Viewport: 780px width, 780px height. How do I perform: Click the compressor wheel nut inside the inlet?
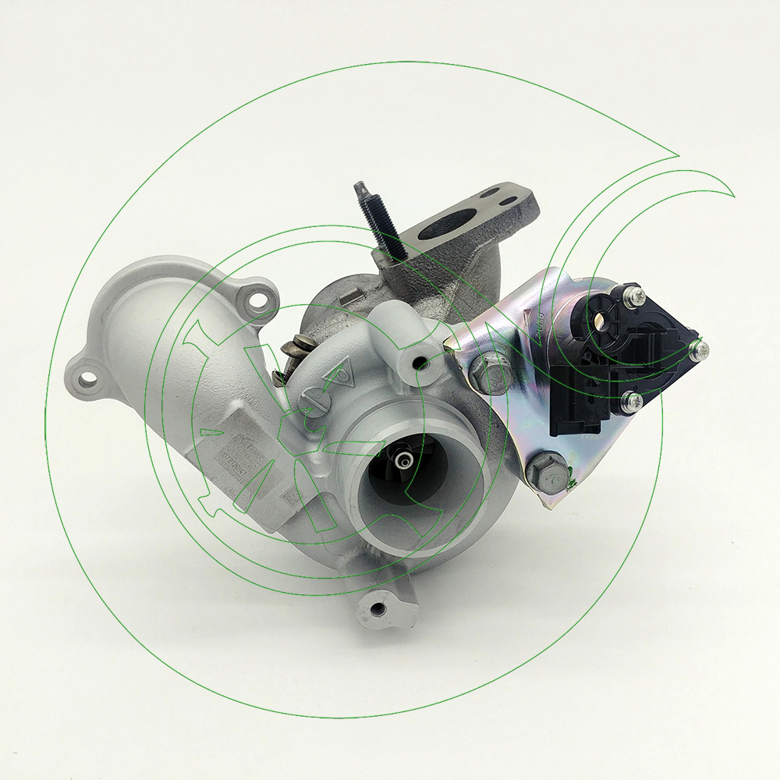(405, 461)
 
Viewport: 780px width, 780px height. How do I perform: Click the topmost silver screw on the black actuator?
(636, 296)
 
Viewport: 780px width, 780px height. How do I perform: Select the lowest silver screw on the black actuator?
(633, 401)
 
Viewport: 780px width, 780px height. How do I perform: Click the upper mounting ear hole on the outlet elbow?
(257, 297)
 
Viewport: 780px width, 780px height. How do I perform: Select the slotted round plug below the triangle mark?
(310, 405)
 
